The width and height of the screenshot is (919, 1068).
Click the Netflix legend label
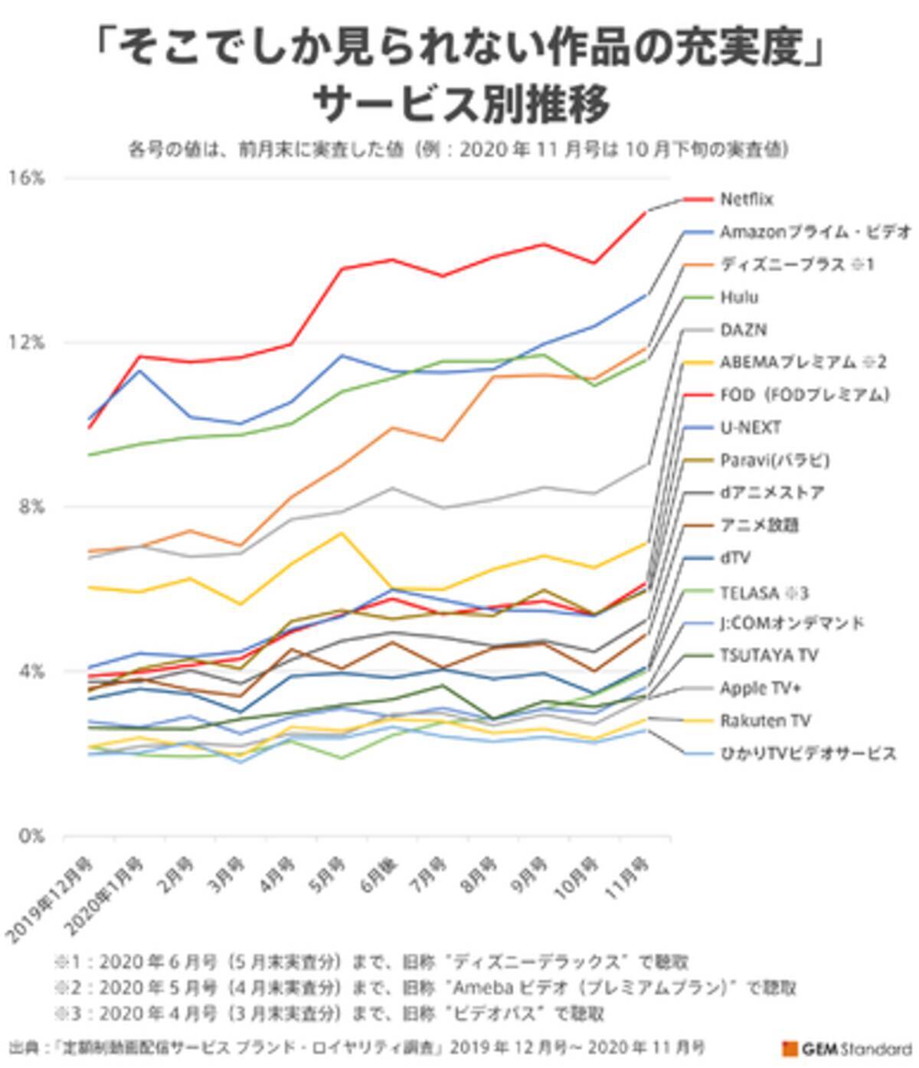click(x=747, y=199)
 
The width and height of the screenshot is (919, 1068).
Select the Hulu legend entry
click(x=739, y=297)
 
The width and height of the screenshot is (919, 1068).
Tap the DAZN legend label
click(x=743, y=330)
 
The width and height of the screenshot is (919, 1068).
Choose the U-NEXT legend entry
click(x=751, y=427)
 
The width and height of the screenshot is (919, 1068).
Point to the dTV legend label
click(x=734, y=558)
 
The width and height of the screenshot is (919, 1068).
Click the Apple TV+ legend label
click(x=760, y=688)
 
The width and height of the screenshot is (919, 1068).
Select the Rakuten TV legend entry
click(x=765, y=720)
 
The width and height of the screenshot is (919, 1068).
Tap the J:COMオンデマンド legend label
click(x=792, y=623)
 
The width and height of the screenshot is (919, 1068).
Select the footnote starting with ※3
click(x=329, y=1014)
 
